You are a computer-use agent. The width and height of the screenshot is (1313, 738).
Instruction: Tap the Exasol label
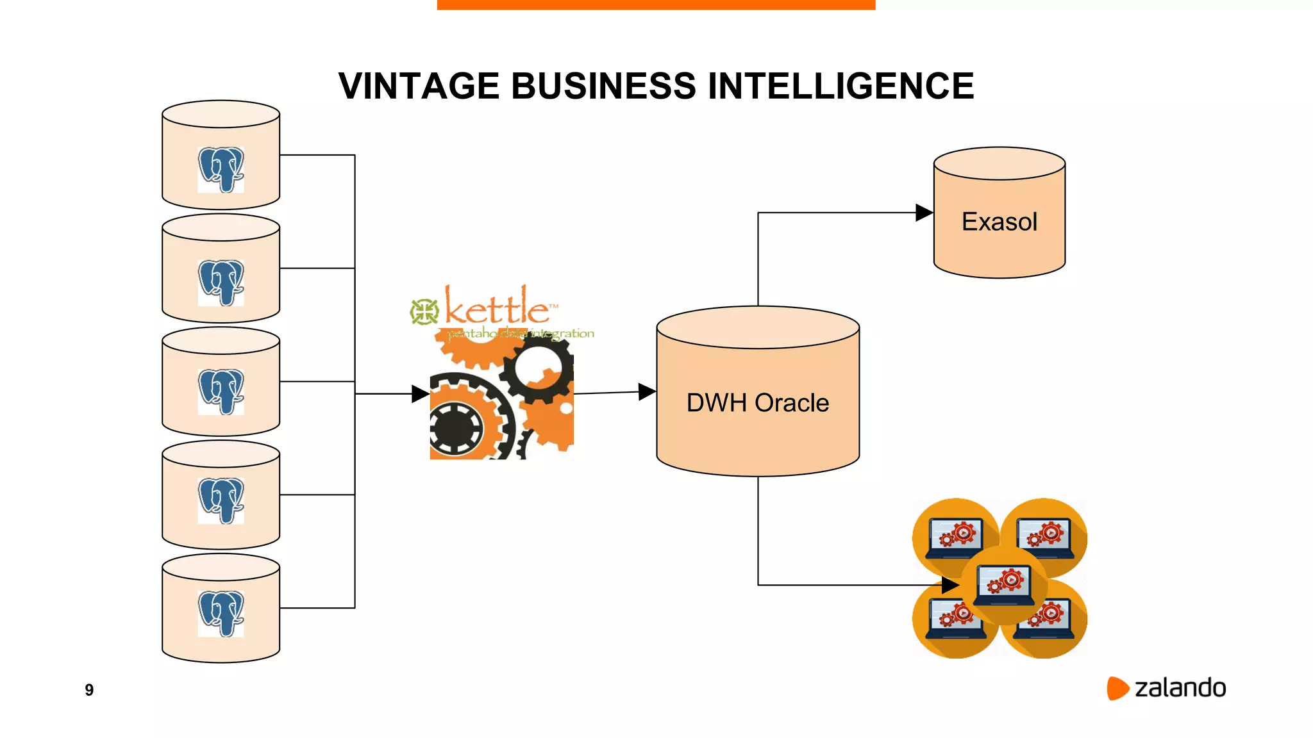999,222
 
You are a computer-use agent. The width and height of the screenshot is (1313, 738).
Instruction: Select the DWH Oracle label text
757,403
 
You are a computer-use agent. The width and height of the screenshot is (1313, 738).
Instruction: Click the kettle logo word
498,309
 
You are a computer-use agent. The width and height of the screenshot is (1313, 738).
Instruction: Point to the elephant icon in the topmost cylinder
221,169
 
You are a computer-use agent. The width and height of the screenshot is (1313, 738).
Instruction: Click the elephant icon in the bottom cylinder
221,613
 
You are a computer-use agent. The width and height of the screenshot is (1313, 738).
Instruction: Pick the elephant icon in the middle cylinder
221,391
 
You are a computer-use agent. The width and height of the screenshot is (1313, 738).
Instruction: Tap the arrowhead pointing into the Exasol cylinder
924,213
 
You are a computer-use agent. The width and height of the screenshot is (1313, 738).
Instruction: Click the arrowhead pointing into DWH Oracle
647,392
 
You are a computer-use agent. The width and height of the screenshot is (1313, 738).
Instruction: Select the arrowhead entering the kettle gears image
420,394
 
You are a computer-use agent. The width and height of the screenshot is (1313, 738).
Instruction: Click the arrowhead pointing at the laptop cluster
950,585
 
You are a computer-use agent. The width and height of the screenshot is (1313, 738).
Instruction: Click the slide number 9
89,690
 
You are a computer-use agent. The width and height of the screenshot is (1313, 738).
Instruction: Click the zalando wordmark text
1180,688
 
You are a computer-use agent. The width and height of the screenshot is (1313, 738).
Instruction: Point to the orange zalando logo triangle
1117,688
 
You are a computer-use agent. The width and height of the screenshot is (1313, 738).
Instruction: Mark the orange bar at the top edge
656,4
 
